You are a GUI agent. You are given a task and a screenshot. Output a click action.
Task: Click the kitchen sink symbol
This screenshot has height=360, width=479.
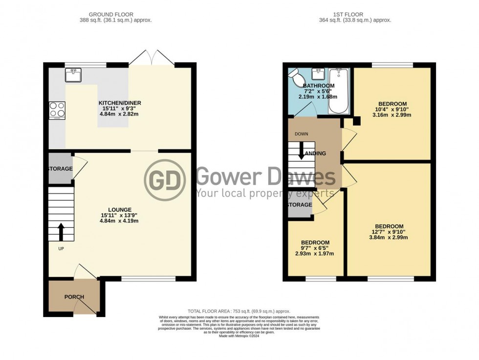tap(75, 75)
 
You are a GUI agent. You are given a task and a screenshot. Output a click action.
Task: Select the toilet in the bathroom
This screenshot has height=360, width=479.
tap(296, 76)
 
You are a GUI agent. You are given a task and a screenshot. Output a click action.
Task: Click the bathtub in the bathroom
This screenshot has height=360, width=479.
tap(338, 90)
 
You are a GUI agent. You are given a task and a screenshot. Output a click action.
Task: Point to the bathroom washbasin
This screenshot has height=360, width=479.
tap(318, 74)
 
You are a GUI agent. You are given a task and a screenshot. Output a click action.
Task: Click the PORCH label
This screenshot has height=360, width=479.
tap(74, 297)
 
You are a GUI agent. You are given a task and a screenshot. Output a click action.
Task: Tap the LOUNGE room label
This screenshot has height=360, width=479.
tap(120, 209)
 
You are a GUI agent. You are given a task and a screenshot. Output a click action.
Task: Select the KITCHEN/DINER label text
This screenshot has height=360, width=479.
tap(120, 103)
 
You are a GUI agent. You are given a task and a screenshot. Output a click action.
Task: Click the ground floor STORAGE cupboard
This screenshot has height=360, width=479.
tap(60, 169)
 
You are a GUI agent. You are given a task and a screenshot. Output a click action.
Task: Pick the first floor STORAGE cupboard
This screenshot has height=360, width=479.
tap(299, 205)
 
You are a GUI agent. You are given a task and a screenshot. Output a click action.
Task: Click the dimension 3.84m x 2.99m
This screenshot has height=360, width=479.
tap(389, 238)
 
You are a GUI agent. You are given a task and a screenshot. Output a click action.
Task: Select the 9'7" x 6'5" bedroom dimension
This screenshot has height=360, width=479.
tap(315, 248)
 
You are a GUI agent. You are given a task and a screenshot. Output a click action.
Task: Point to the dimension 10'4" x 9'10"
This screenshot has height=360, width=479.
tap(392, 110)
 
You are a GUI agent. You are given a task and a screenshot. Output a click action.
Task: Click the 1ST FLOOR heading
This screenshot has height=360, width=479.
tap(354, 15)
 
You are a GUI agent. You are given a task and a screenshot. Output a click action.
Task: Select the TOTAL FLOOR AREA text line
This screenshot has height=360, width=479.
tap(239, 311)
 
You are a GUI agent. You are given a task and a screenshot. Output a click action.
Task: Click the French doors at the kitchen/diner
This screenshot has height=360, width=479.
tap(152, 59)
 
